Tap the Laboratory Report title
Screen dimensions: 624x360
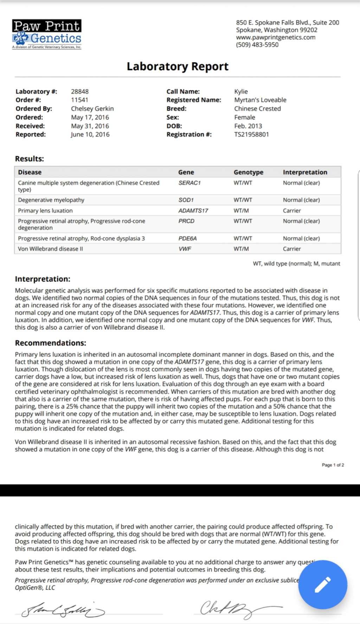(x=178, y=66)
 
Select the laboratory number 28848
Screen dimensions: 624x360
(x=80, y=91)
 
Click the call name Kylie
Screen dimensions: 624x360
(x=241, y=91)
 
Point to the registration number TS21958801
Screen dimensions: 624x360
(x=251, y=134)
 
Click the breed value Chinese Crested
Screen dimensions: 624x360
(x=257, y=109)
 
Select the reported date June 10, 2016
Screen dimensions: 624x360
(x=90, y=134)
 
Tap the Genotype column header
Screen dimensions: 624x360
(x=248, y=172)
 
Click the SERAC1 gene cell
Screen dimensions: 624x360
(x=189, y=183)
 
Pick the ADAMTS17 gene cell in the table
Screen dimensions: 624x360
(x=193, y=211)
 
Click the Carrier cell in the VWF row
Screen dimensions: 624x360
(x=292, y=249)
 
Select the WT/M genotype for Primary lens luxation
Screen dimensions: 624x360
(x=241, y=211)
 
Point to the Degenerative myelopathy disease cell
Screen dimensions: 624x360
(x=51, y=200)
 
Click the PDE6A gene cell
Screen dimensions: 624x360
(x=187, y=238)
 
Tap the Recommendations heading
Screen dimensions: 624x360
(x=50, y=343)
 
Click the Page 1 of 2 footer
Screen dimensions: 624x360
(x=333, y=465)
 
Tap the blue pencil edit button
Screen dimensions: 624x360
(x=322, y=584)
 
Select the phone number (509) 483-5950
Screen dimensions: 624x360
(x=257, y=45)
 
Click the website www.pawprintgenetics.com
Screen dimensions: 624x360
(x=275, y=37)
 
